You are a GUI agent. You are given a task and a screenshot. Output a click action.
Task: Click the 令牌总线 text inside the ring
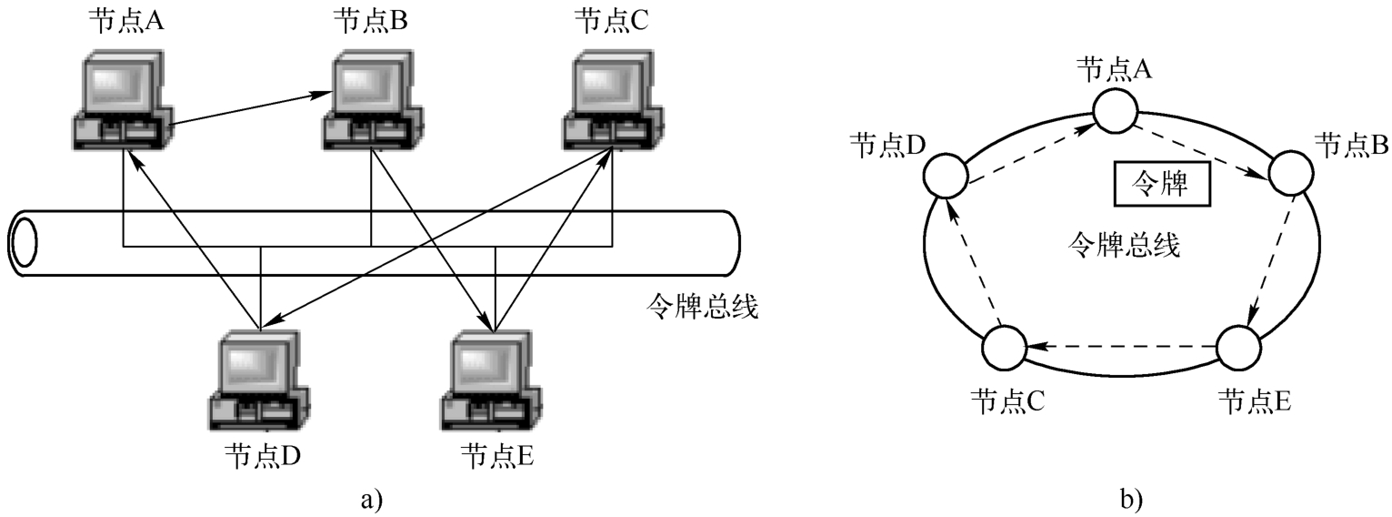pyautogui.click(x=1125, y=245)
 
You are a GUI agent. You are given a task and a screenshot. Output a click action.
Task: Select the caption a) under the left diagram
pyautogui.click(x=372, y=498)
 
